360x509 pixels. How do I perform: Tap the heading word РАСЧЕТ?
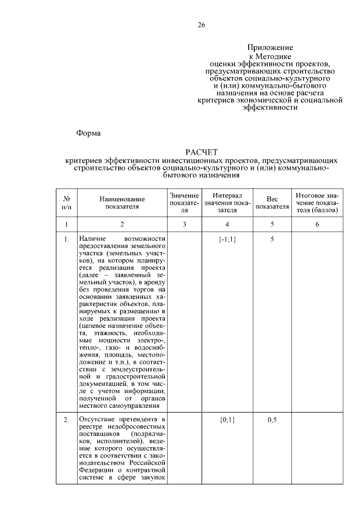[x=201, y=152]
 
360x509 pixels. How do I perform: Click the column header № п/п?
[x=66, y=202]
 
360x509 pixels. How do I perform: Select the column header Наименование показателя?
[x=122, y=202]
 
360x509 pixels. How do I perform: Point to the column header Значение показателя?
[x=184, y=202]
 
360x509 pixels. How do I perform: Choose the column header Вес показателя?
[x=272, y=202]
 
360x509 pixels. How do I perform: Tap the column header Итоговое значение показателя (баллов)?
[x=317, y=202]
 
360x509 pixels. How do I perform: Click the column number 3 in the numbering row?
[x=184, y=224]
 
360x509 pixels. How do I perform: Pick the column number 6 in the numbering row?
[x=317, y=224]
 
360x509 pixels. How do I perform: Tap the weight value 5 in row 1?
[x=272, y=240]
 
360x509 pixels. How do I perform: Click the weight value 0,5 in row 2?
[x=272, y=420]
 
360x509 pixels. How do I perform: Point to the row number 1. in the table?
[x=66, y=240]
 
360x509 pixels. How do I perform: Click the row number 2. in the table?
[x=66, y=420]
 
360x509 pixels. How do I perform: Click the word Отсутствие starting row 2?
[x=96, y=420]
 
